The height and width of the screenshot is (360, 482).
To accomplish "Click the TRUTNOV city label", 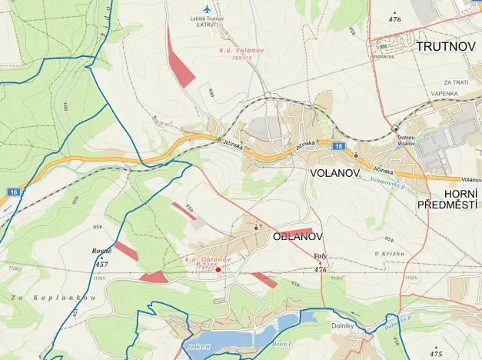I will pyautogui.click(x=446, y=47).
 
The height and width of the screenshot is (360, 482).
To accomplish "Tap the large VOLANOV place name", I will pyautogui.click(x=334, y=174).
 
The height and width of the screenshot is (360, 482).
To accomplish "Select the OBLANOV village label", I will pyautogui.click(x=298, y=237).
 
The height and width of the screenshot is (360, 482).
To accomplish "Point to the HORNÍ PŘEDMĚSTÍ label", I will pyautogui.click(x=449, y=198).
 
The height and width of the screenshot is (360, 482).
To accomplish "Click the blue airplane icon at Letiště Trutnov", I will pyautogui.click(x=205, y=8).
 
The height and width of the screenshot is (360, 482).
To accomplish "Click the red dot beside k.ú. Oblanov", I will pyautogui.click(x=218, y=269).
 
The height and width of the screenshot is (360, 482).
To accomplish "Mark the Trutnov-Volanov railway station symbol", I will pyautogui.click(x=395, y=128).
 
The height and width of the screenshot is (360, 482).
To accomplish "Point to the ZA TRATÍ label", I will pyautogui.click(x=457, y=82).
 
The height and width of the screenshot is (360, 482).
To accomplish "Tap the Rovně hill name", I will pyautogui.click(x=101, y=252).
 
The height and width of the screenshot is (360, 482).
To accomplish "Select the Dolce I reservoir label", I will pyautogui.click(x=282, y=344).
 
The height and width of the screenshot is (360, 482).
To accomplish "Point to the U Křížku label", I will pyautogui.click(x=389, y=254).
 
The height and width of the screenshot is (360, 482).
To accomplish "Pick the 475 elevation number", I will pyautogui.click(x=437, y=355).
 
